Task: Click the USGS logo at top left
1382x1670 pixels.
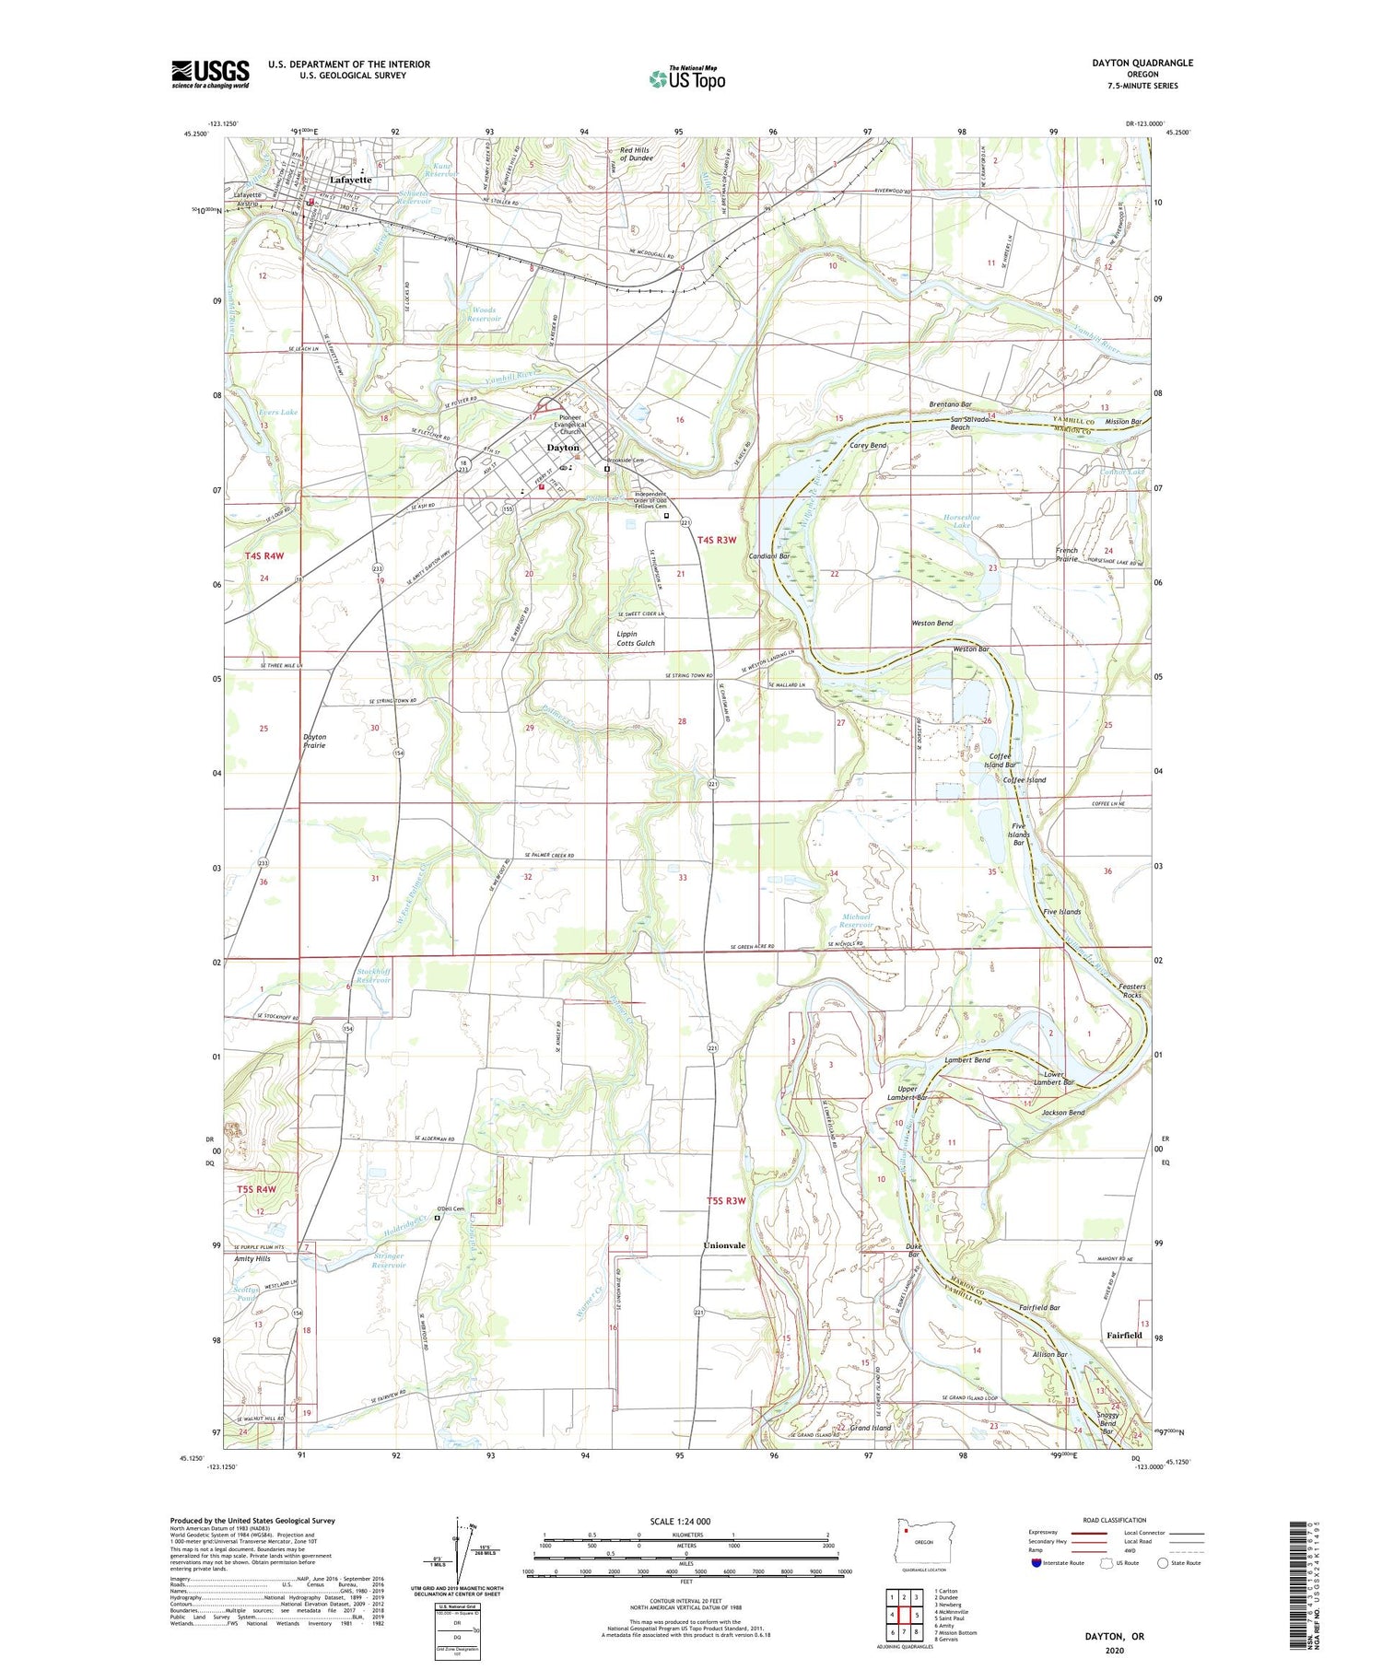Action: coord(210,74)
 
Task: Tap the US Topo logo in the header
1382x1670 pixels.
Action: coord(687,79)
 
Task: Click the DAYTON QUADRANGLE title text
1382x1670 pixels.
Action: coord(1142,63)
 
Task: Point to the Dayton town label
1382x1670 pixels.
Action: coord(563,448)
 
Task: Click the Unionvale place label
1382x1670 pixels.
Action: coord(724,1245)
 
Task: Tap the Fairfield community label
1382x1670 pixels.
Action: coord(1124,1335)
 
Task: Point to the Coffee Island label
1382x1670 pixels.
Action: coord(1025,780)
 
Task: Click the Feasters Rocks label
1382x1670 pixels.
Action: coord(1131,990)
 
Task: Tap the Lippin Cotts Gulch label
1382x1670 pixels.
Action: coord(636,638)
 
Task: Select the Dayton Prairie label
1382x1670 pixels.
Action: coord(314,741)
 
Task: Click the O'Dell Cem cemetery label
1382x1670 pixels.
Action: coord(451,1209)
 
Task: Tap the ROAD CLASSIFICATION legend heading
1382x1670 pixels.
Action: coord(1115,1520)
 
